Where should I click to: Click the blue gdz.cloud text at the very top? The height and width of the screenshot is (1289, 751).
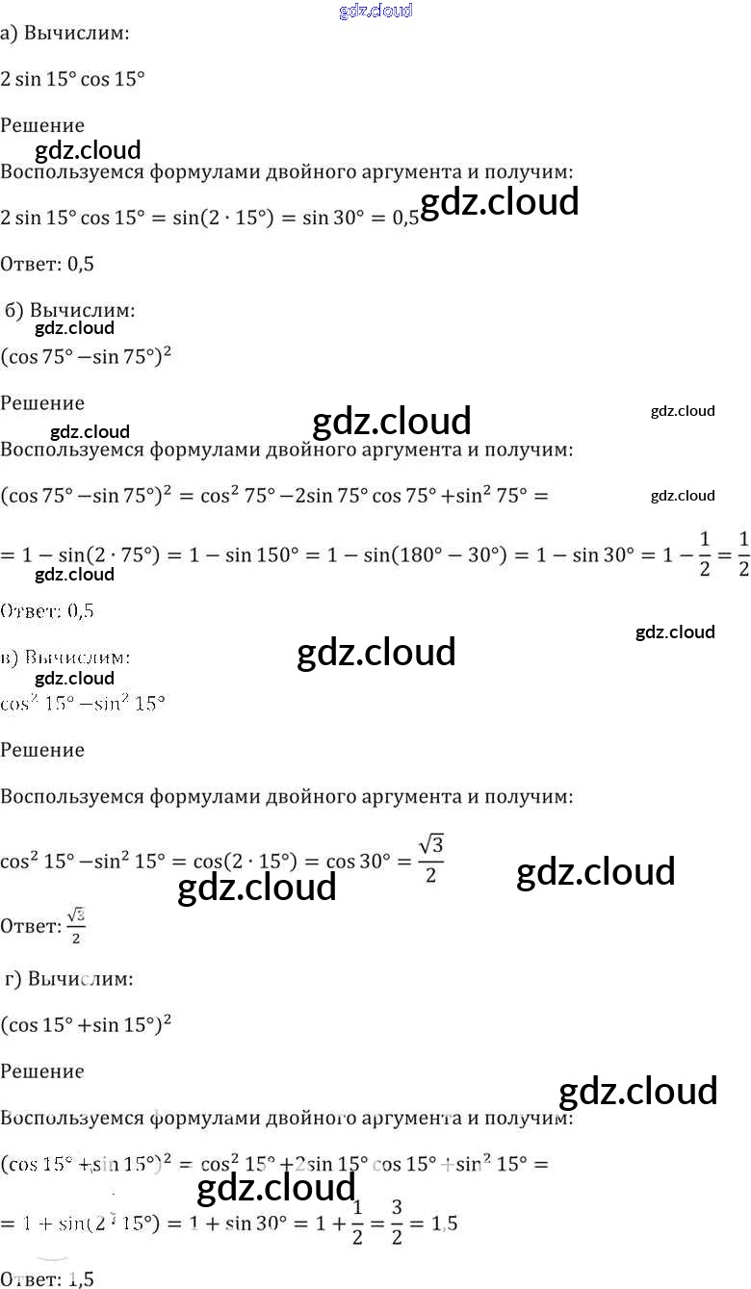tap(375, 11)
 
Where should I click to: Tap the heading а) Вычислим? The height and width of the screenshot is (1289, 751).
tap(65, 34)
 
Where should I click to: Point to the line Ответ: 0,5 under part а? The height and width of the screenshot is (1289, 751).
tap(47, 264)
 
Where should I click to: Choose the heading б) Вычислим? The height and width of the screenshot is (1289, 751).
tap(70, 311)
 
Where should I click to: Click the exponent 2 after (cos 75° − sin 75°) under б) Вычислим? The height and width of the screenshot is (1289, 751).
tap(167, 349)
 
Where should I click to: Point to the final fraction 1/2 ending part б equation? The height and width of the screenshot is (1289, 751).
tap(742, 554)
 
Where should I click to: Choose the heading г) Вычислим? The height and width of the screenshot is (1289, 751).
tap(69, 979)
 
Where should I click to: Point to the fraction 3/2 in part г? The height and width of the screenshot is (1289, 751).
tap(397, 1223)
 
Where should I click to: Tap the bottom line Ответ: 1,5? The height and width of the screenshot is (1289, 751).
tap(47, 1278)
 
